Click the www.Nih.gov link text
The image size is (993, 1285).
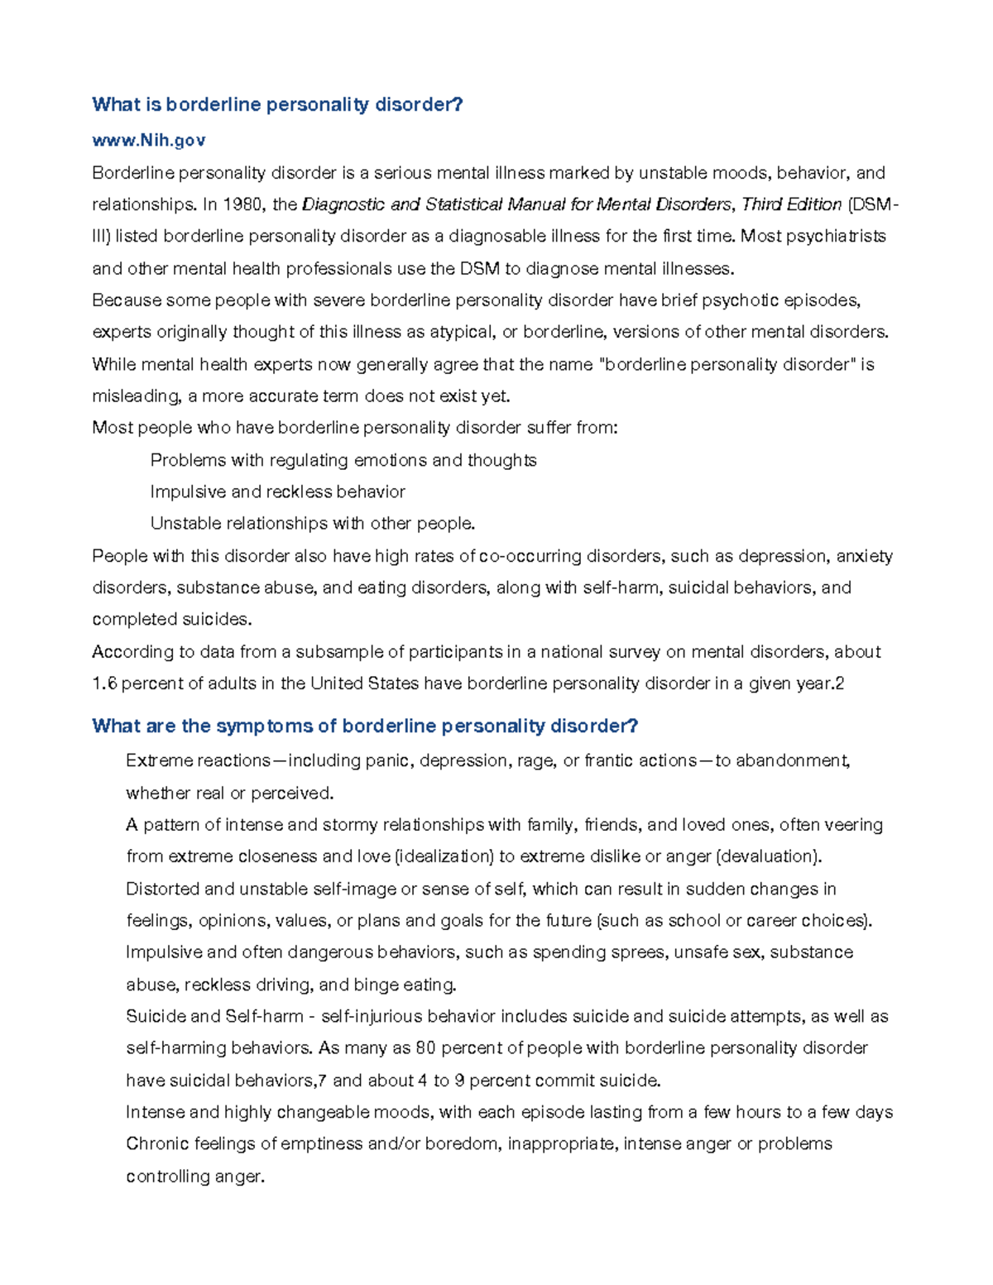(x=149, y=141)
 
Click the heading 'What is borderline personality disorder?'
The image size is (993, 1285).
(x=277, y=104)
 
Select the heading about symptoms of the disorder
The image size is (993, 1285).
(x=365, y=726)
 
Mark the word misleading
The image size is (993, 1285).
(x=137, y=396)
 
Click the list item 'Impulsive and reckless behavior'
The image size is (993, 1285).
(x=278, y=492)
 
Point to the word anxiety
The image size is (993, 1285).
(x=865, y=556)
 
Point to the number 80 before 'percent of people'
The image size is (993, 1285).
(x=425, y=1048)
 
